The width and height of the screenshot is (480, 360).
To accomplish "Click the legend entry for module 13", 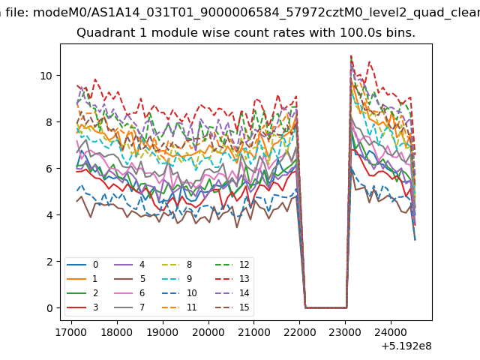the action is pyautogui.click(x=232, y=279).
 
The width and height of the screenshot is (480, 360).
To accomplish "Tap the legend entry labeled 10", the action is pyautogui.click(x=179, y=293).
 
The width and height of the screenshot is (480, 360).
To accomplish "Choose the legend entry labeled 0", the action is pyautogui.click(x=82, y=265).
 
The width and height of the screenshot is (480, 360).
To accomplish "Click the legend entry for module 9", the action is pyautogui.click(x=177, y=279).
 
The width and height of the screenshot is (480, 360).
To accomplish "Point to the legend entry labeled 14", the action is pyautogui.click(x=232, y=293).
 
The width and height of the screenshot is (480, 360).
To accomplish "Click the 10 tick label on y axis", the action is pyautogui.click(x=46, y=76).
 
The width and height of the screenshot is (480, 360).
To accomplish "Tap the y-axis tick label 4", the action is pyautogui.click(x=49, y=215).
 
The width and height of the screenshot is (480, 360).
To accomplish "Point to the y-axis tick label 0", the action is pyautogui.click(x=49, y=308).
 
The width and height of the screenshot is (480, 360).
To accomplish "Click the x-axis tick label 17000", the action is pyautogui.click(x=71, y=332).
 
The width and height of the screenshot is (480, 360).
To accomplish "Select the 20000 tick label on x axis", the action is pyautogui.click(x=208, y=332).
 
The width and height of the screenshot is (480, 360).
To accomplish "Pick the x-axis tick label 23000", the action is pyautogui.click(x=345, y=332).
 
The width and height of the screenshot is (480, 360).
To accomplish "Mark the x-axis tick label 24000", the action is pyautogui.click(x=391, y=332).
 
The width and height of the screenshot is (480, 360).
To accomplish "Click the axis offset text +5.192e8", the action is pyautogui.click(x=406, y=346).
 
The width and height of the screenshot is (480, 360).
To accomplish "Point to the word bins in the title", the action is pyautogui.click(x=400, y=33).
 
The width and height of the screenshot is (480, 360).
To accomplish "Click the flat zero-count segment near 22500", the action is pyautogui.click(x=325, y=307).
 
